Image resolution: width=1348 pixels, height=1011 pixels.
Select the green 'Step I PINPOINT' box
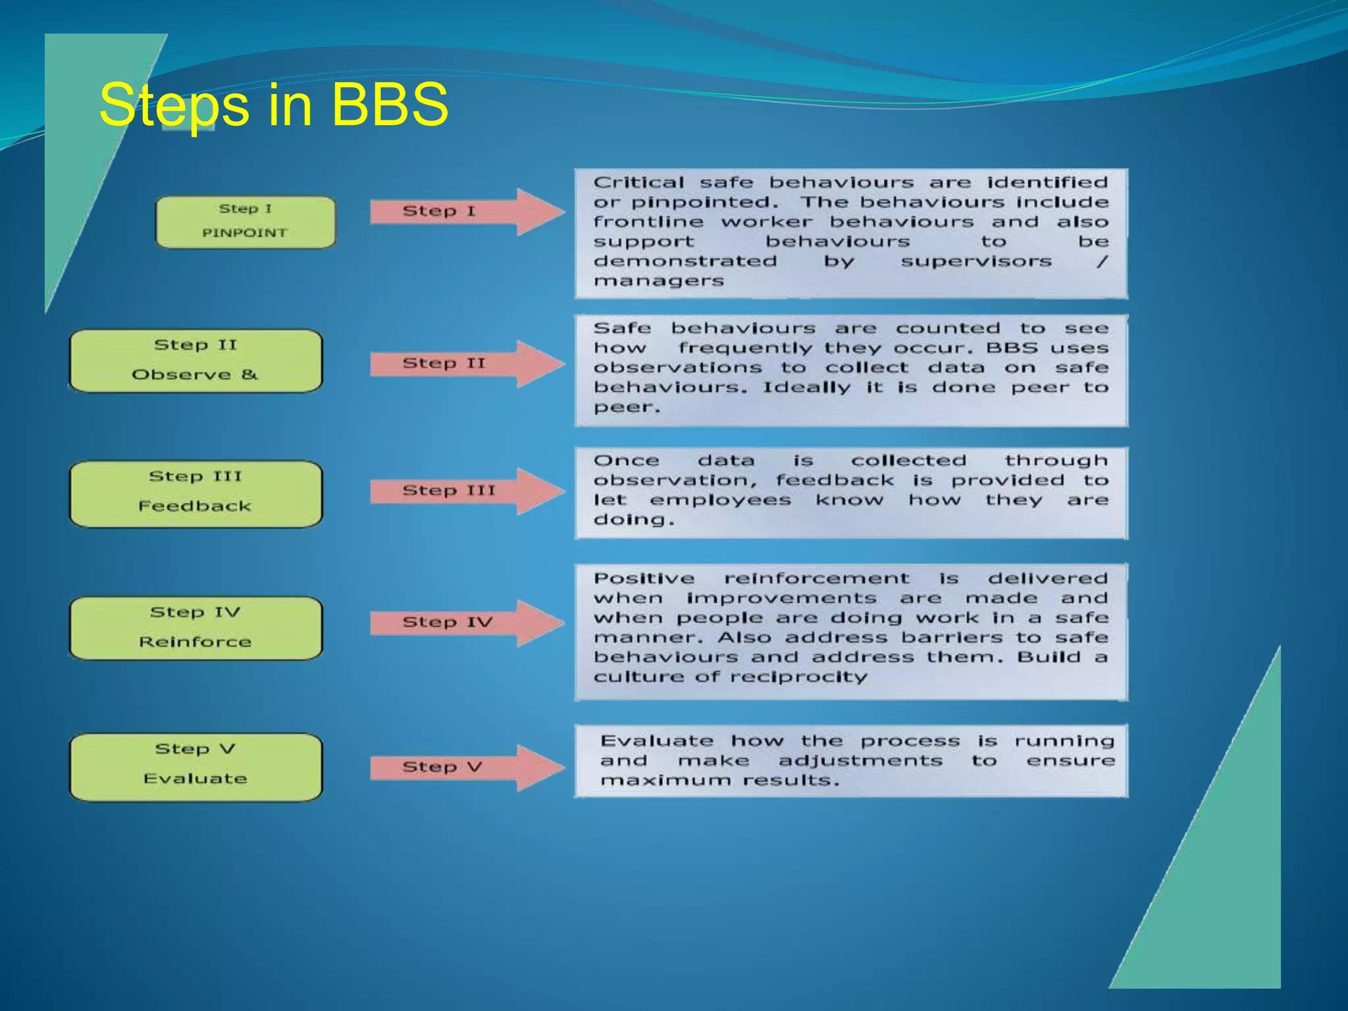coord(245,222)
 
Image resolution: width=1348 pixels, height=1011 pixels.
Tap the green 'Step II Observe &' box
coord(195,361)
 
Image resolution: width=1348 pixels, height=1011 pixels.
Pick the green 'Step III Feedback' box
coord(195,493)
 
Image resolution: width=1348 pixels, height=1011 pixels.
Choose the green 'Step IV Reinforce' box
coord(195,627)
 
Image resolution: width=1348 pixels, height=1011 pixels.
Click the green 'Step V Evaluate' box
coord(195,766)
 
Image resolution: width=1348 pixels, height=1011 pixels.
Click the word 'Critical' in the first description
coord(638,182)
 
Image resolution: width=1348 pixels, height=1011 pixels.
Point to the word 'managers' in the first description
coord(658,282)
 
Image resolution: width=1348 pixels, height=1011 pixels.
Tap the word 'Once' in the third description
coord(625,461)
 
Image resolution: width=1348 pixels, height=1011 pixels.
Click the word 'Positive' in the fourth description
coord(643,579)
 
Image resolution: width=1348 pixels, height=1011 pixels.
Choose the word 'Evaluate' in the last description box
coord(656,741)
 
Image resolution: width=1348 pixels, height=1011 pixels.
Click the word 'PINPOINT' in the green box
coord(244,233)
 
